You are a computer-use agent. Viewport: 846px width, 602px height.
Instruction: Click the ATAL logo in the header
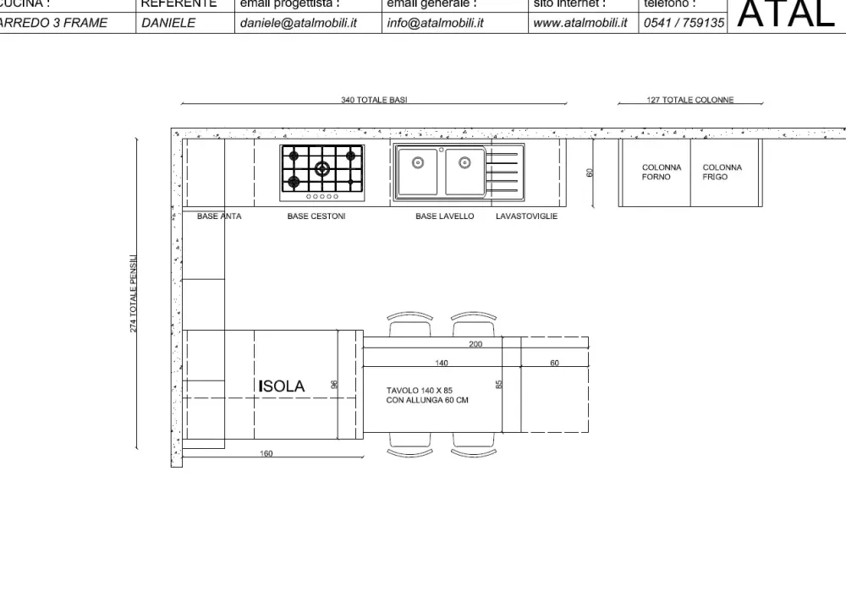786,14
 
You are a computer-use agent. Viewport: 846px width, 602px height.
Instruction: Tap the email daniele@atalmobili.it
298,23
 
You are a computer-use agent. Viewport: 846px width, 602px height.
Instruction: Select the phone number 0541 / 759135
684,23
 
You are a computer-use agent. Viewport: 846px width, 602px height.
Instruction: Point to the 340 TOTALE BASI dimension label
374,100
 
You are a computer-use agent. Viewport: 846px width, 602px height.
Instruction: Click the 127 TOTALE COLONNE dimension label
689,100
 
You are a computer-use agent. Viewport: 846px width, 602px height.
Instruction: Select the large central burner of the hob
322,168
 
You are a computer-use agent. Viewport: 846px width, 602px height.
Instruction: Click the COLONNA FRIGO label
722,172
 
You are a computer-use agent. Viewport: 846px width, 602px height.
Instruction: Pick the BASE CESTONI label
316,216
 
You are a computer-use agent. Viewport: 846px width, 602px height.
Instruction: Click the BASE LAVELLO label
444,216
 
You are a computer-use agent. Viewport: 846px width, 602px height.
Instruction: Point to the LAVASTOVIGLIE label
526,216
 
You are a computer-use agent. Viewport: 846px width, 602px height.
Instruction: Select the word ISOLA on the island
282,386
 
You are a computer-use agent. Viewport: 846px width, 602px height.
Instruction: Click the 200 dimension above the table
475,344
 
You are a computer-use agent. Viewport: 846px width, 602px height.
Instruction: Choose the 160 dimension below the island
266,454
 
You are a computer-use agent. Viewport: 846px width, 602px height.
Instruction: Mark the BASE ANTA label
219,216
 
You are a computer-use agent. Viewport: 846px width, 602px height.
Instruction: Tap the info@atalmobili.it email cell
435,23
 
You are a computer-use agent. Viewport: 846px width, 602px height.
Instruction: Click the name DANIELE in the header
168,23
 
